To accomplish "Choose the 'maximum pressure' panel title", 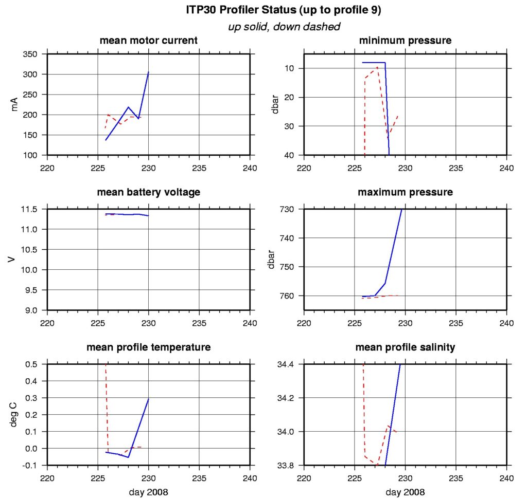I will (x=405, y=192).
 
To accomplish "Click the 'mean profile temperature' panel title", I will (x=148, y=347).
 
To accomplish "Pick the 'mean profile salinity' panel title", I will (x=405, y=347).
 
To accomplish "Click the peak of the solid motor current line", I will (x=149, y=72).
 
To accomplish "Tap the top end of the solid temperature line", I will (x=149, y=399).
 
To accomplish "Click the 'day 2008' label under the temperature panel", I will (x=148, y=492).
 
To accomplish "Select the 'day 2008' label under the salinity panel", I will (x=405, y=492).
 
